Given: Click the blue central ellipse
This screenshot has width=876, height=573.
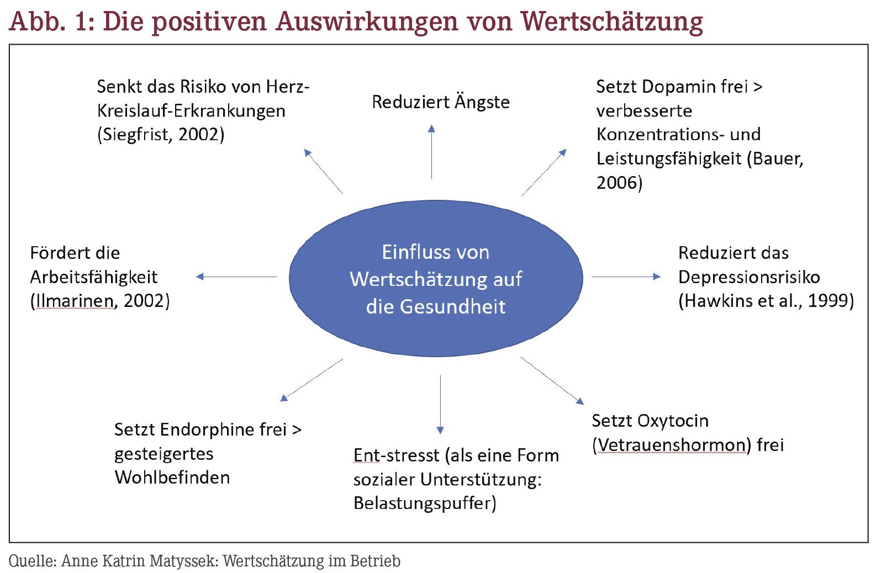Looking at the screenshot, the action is (x=436, y=278).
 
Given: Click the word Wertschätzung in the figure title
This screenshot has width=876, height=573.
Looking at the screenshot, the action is (x=611, y=22).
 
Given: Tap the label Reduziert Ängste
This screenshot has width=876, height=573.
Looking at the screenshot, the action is (x=441, y=102).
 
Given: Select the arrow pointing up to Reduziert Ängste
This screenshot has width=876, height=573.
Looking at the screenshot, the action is (x=431, y=152).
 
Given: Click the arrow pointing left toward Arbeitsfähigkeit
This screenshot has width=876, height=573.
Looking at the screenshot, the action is (x=236, y=277).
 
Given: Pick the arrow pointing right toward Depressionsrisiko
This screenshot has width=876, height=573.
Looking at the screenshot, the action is (x=626, y=277).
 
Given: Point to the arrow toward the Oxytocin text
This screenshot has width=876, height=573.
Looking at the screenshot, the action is (x=552, y=380).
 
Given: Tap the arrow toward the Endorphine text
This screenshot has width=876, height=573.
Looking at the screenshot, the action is (x=312, y=380).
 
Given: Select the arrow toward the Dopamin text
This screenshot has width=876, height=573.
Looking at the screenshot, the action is (x=544, y=172).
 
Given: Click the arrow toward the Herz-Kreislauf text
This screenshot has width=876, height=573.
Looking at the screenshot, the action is (x=323, y=171).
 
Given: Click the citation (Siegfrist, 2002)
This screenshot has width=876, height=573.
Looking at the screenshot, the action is (x=161, y=135).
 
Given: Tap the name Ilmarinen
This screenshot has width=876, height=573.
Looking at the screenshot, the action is (x=75, y=301).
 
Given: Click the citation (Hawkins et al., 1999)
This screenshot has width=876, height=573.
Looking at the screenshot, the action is (x=766, y=301).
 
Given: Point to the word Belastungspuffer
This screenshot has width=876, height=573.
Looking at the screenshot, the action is (x=422, y=503).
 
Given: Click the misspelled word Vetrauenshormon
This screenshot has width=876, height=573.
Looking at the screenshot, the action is (x=672, y=445).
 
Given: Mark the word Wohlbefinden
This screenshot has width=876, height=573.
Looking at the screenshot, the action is (x=172, y=477).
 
